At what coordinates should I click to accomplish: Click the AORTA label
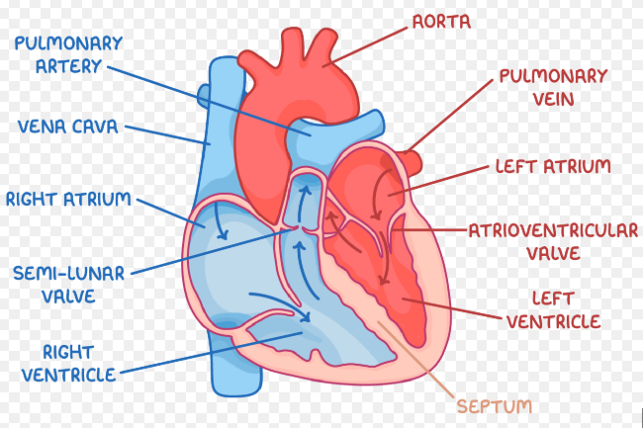coord(441,22)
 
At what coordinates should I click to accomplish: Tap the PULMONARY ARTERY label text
coord(68,54)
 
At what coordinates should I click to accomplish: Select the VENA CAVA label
coord(67,127)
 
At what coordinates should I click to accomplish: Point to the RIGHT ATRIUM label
coord(68,199)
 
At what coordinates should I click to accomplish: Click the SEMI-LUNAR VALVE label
coord(68,285)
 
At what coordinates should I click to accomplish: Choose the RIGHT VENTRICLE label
coord(68,364)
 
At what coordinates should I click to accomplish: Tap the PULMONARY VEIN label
coord(553,88)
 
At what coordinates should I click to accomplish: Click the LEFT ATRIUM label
coord(553,166)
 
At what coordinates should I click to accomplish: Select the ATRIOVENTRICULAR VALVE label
coord(553,241)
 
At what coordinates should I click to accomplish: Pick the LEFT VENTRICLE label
coord(553,310)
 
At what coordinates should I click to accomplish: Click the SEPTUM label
coord(495,406)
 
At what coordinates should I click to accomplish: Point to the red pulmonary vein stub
coord(412,162)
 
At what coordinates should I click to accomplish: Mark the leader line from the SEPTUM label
coord(415,360)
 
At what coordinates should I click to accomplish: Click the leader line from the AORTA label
coord(365,46)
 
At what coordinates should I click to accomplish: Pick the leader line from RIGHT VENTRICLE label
coord(211,353)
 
